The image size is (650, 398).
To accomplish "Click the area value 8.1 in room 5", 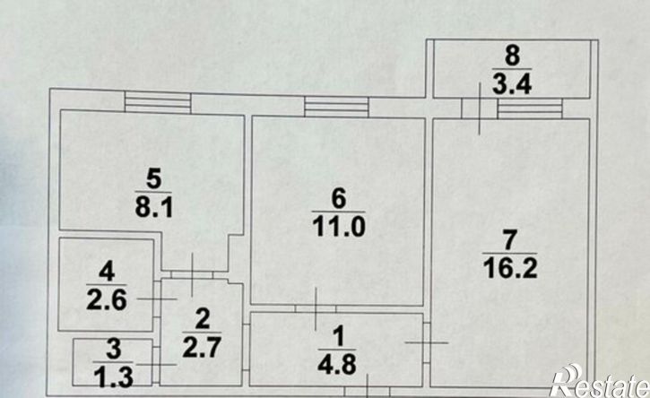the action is pyautogui.click(x=154, y=206).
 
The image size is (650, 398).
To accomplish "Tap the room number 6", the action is pyautogui.click(x=338, y=198).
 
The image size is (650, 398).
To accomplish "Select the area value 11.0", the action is pyautogui.click(x=338, y=227).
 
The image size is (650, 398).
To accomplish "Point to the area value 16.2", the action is pyautogui.click(x=510, y=268).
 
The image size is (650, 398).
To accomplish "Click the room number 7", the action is pyautogui.click(x=509, y=239).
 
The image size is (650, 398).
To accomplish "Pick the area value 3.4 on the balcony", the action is pyautogui.click(x=512, y=84).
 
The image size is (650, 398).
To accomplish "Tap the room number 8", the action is pyautogui.click(x=512, y=56).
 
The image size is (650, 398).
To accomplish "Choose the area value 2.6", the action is pyautogui.click(x=107, y=299).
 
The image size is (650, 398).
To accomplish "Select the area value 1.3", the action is pyautogui.click(x=113, y=377).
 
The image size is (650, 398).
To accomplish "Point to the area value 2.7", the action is pyautogui.click(x=202, y=347).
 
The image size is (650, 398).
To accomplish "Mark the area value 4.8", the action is pyautogui.click(x=337, y=365).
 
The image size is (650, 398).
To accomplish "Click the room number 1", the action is pyautogui.click(x=339, y=336).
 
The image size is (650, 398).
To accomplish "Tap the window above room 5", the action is pyautogui.click(x=158, y=102).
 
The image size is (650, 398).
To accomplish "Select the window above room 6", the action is pyautogui.click(x=336, y=107).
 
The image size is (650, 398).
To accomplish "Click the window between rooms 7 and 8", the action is pyautogui.click(x=530, y=108).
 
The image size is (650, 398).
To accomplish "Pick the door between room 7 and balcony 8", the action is pyautogui.click(x=480, y=108).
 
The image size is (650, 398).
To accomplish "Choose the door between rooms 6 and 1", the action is pyautogui.click(x=316, y=309).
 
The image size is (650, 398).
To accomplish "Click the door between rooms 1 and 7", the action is pyautogui.click(x=427, y=342).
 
